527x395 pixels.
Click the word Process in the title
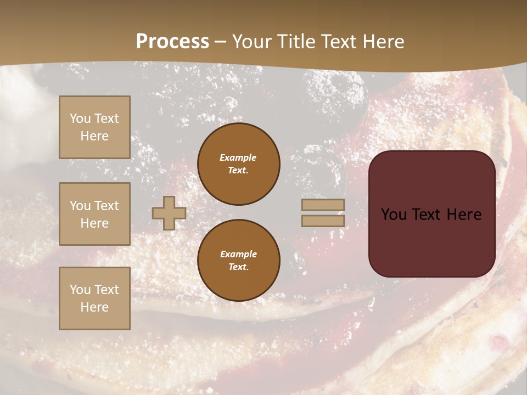(172, 42)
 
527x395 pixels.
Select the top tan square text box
(94, 127)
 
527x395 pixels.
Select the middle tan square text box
(94, 214)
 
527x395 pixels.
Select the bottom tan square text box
(94, 298)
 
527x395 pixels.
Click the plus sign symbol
(169, 213)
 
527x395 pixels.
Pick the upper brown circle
(239, 163)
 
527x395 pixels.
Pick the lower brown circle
(239, 260)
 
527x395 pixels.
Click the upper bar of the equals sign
(323, 205)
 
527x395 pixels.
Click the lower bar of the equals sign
(323, 221)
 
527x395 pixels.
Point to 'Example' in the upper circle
(238, 157)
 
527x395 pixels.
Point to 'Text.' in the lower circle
(238, 267)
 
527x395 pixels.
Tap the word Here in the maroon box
(464, 215)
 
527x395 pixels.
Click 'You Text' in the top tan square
(94, 119)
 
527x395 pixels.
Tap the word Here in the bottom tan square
(94, 307)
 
